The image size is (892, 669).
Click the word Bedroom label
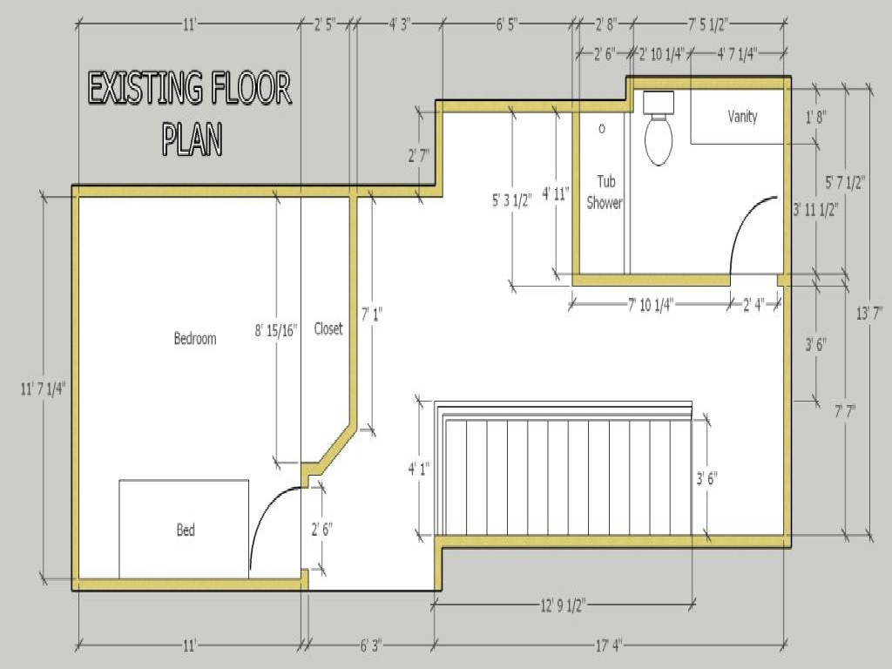[194, 338]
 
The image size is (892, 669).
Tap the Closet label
[328, 328]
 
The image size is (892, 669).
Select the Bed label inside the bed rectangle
[186, 530]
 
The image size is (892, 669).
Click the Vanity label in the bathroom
[742, 116]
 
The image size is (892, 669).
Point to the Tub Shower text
[605, 193]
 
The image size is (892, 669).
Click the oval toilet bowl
[659, 139]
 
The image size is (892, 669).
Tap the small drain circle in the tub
[601, 129]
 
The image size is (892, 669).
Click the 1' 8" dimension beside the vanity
[815, 116]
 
